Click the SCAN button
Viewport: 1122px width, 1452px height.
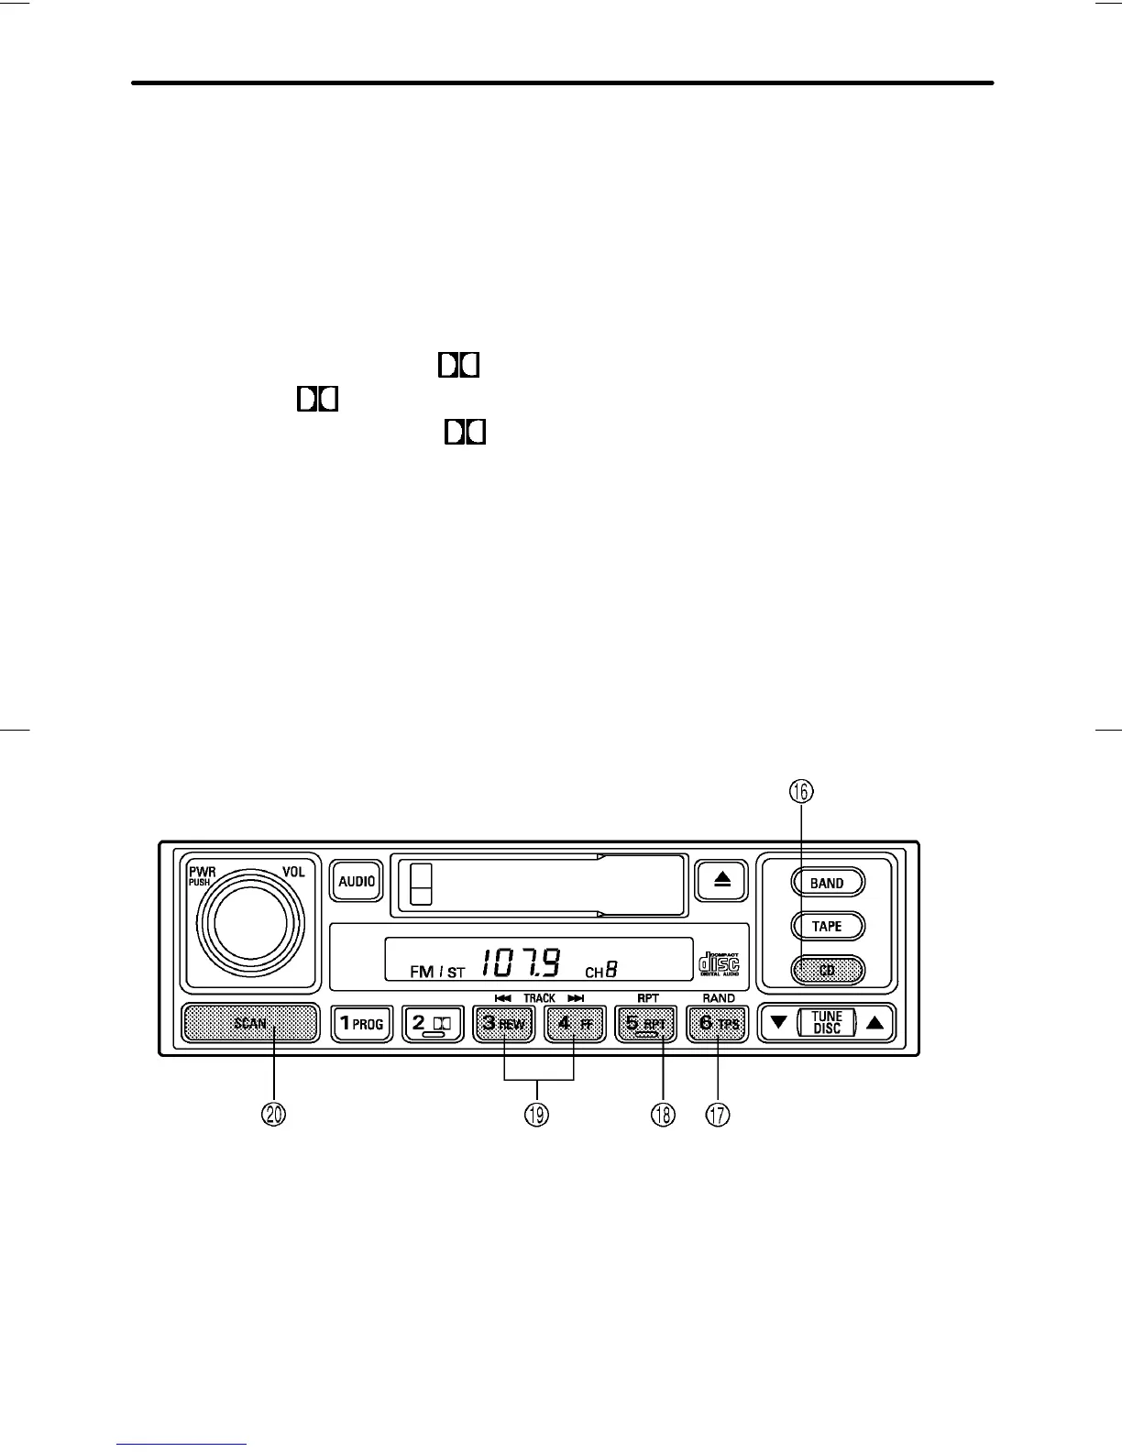(x=250, y=1023)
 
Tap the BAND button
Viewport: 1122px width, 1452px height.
(x=827, y=883)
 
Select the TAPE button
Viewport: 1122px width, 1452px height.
(x=827, y=926)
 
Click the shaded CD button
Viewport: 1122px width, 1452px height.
(x=827, y=970)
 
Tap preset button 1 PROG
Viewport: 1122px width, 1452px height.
(x=361, y=1023)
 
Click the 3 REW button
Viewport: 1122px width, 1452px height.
(x=504, y=1023)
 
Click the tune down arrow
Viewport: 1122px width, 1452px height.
(x=778, y=1023)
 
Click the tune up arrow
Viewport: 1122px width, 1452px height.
(x=875, y=1023)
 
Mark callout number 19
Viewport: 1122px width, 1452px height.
(x=537, y=1114)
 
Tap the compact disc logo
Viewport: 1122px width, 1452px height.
(x=719, y=964)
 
